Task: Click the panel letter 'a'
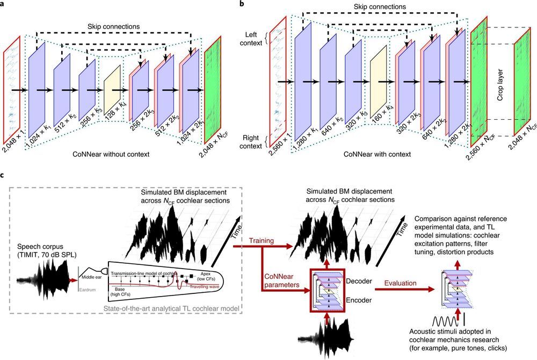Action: (4, 4)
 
